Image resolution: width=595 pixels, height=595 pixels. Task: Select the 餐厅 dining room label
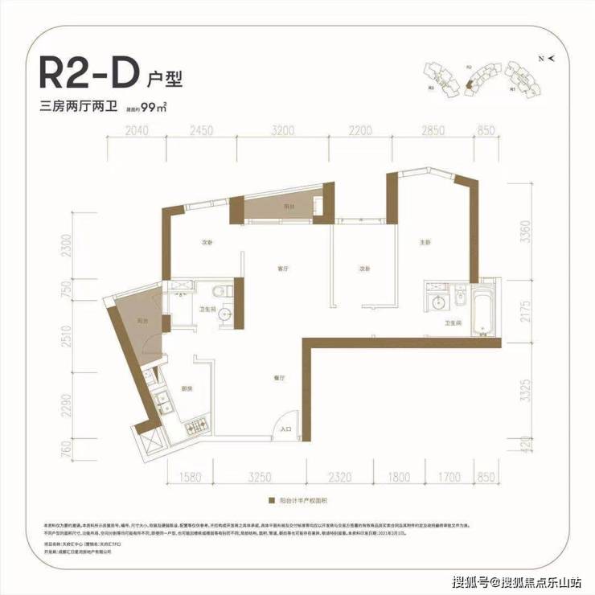click(275, 372)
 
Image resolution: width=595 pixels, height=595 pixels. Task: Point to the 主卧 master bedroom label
click(426, 242)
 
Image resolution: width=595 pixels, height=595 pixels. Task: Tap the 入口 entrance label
click(285, 430)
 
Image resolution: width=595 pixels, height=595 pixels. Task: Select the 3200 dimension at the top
click(282, 129)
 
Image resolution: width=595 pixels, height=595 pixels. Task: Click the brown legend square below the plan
click(273, 499)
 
